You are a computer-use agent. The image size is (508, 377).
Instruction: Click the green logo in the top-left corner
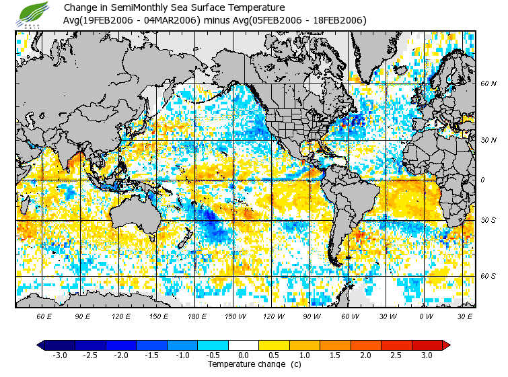click(34, 14)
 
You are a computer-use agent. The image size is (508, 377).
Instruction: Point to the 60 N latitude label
click(488, 83)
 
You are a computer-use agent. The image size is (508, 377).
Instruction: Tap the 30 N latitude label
click(488, 140)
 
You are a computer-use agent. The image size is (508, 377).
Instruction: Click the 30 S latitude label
click(488, 221)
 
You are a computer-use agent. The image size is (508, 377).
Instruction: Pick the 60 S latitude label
click(488, 276)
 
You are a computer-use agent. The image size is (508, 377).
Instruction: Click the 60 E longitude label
click(44, 316)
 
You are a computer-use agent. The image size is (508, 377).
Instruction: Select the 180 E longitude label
click(198, 316)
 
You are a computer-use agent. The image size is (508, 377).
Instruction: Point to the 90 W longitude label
click(312, 316)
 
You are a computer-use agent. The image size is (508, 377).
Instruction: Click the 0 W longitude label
click(426, 316)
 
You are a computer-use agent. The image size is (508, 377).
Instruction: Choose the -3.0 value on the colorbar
click(60, 355)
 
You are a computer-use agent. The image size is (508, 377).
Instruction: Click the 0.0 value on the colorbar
click(244, 355)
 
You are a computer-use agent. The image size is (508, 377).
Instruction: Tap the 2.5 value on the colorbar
click(396, 355)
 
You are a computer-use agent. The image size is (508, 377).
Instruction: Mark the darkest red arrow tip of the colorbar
click(446, 345)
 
